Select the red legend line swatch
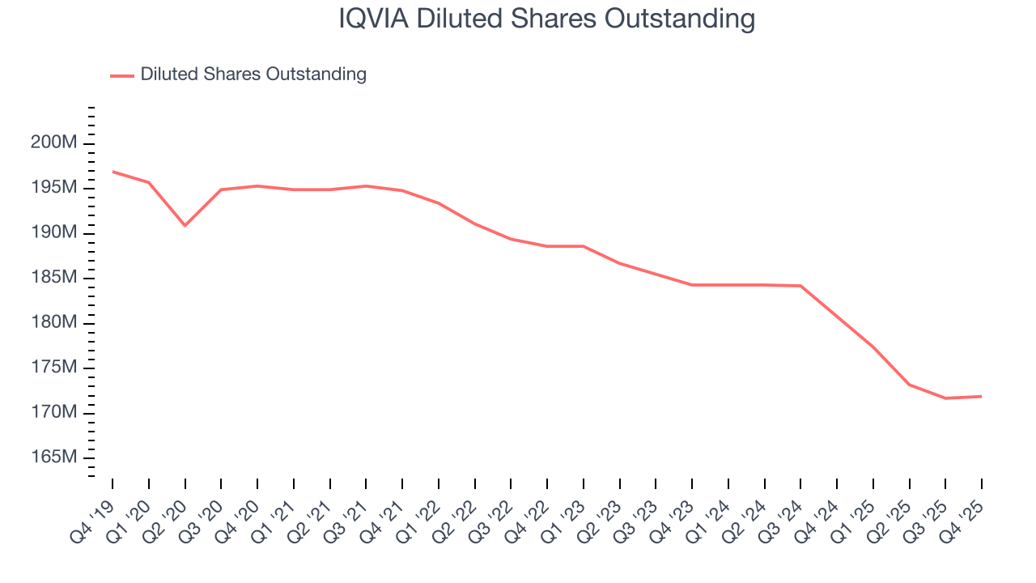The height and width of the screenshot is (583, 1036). [x=122, y=75]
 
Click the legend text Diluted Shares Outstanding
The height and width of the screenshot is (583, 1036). [x=253, y=74]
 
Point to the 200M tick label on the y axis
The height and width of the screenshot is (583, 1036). [x=53, y=143]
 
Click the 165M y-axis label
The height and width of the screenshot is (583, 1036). [x=53, y=458]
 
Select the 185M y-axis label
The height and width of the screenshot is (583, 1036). [x=53, y=278]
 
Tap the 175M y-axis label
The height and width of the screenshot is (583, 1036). [x=53, y=368]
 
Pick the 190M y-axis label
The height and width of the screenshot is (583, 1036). [x=53, y=233]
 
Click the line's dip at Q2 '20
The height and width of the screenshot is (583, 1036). [x=185, y=225]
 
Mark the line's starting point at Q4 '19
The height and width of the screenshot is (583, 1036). [x=113, y=171]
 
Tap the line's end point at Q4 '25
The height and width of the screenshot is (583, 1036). [x=982, y=396]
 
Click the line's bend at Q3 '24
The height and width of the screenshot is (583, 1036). [x=800, y=286]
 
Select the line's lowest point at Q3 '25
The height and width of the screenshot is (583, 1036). [x=945, y=398]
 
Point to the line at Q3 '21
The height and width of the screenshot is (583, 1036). [x=366, y=186]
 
